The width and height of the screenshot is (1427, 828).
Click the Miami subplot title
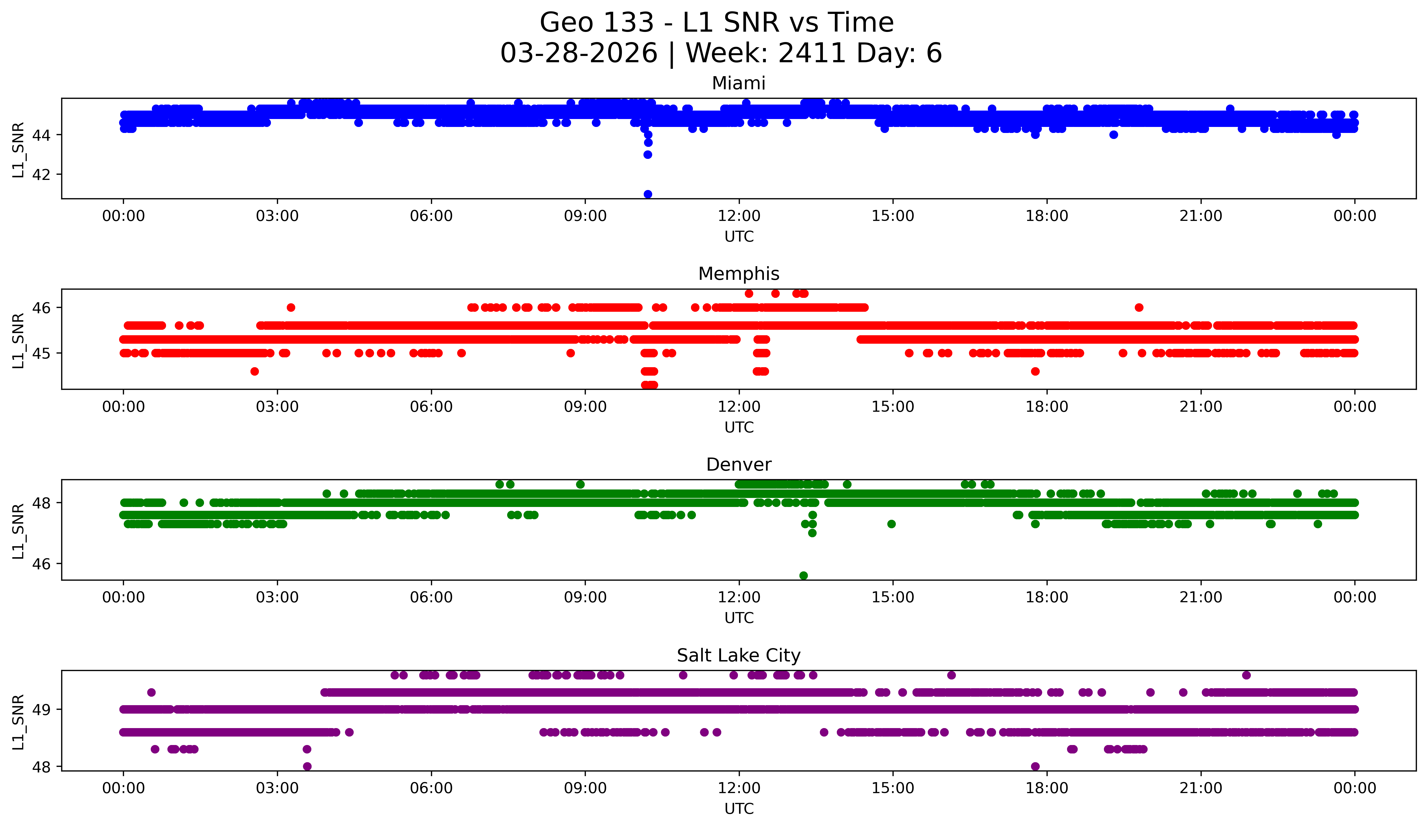[x=738, y=83]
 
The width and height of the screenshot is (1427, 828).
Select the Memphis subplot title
[x=738, y=274]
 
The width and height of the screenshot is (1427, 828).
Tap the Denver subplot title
[x=738, y=465]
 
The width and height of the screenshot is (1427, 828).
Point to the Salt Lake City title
[x=738, y=655]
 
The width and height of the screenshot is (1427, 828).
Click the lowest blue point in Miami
[x=648, y=194]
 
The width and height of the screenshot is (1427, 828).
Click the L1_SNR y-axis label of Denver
[x=18, y=531]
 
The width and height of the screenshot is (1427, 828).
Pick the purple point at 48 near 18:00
[x=1035, y=766]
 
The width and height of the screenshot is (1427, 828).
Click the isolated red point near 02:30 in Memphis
[x=255, y=371]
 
